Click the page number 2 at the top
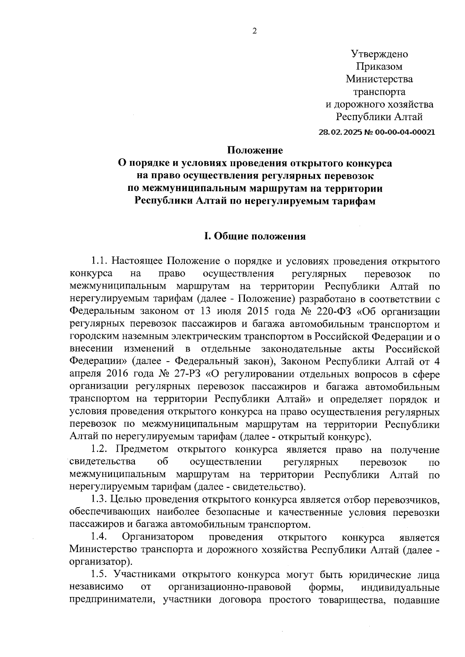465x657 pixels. coord(255,32)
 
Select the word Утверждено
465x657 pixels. coord(379,54)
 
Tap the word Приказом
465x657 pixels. coord(379,67)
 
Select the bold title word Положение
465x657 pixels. coord(255,150)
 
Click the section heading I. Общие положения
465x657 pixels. coord(255,236)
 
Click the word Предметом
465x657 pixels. coord(142,450)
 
